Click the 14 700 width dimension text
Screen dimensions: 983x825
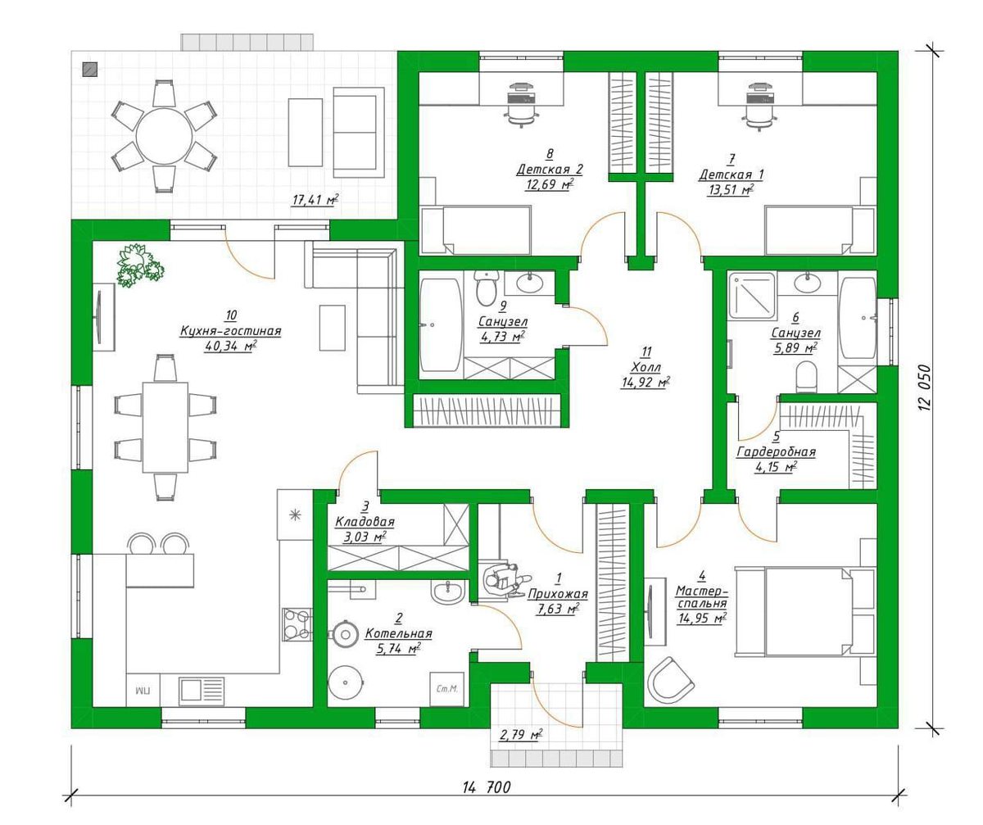[x=487, y=786]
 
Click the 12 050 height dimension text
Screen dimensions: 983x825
[x=925, y=387]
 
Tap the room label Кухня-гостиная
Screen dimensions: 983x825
[x=231, y=330]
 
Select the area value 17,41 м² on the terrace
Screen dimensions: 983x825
[x=315, y=200]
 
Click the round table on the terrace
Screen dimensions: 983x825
[x=165, y=137]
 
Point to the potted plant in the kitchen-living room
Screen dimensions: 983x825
[x=140, y=265]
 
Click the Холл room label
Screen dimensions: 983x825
[x=646, y=367]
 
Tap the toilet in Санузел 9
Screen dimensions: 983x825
[x=486, y=288]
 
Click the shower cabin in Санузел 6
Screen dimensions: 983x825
[x=752, y=295]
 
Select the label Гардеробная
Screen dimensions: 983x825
[x=776, y=452]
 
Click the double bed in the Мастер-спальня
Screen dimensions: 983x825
[x=805, y=611]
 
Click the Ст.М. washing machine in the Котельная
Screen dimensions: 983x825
[x=446, y=689]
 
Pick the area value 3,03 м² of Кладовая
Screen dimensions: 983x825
[x=365, y=537]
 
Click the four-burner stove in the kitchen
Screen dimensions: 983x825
[x=297, y=624]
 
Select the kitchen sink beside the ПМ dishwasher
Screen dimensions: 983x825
[x=202, y=691]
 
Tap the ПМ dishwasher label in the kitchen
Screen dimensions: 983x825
[x=143, y=691]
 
